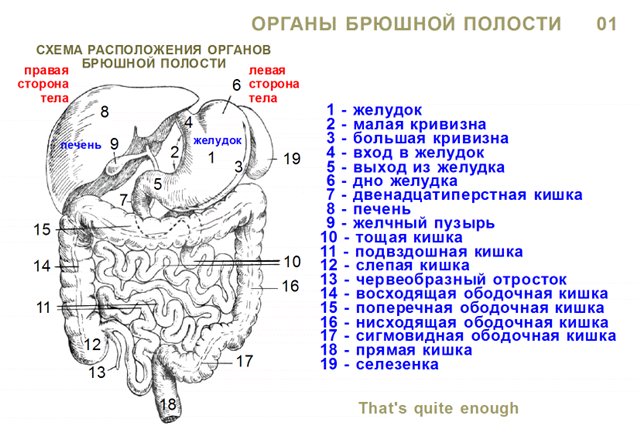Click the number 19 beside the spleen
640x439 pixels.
point(292,158)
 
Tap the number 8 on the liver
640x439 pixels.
point(104,111)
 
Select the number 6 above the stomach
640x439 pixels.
point(236,85)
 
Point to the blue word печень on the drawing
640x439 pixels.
point(80,145)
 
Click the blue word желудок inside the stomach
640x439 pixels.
point(217,141)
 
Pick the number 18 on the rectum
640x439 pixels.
point(168,404)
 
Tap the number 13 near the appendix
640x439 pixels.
point(97,372)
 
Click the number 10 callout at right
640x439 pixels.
point(292,262)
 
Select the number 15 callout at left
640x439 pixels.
point(42,229)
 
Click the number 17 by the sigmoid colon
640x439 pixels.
point(244,361)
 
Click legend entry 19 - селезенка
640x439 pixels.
point(379,364)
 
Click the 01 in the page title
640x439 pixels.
point(607,24)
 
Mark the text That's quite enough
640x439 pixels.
point(439,408)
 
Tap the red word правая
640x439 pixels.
point(46,71)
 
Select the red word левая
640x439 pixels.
point(267,71)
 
